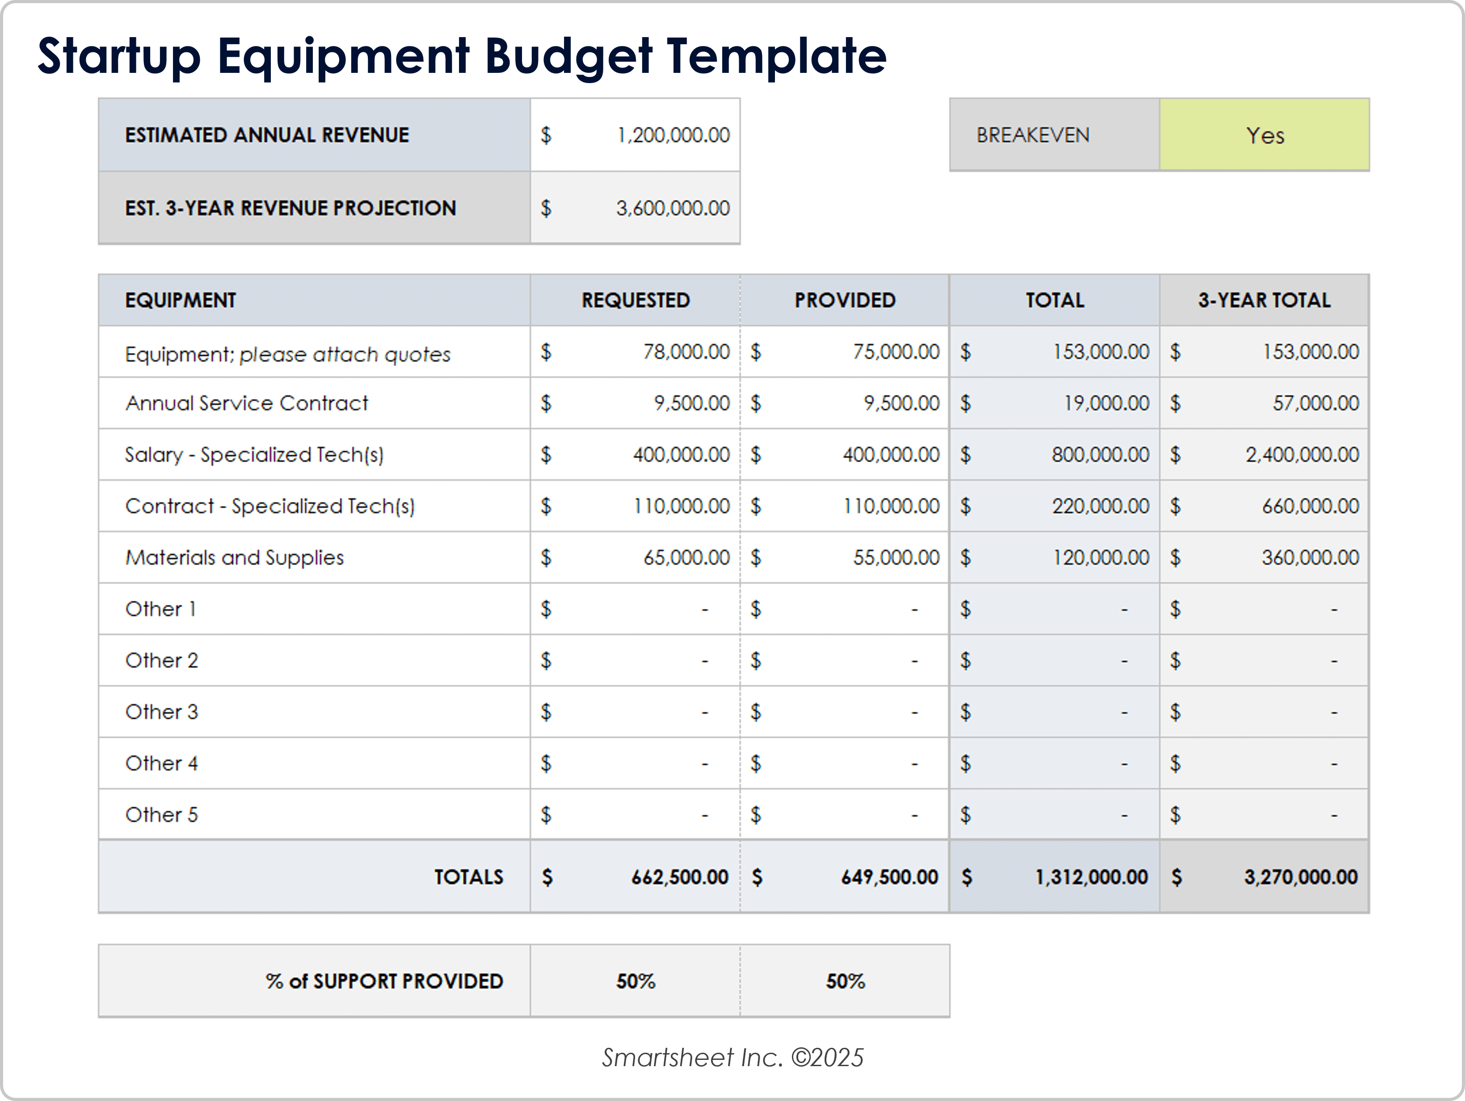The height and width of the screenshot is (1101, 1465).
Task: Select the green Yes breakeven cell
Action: (1264, 135)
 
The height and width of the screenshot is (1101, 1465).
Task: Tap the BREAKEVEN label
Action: (1032, 135)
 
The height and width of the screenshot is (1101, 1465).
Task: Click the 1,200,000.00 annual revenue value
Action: (673, 135)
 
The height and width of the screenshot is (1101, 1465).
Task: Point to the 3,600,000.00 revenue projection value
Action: (673, 208)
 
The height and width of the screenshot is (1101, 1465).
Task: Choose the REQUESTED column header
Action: (635, 300)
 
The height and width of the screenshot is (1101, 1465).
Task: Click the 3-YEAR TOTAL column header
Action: (1263, 300)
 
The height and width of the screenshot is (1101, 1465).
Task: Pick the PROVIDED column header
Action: (844, 300)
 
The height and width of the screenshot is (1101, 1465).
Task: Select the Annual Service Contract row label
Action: (246, 403)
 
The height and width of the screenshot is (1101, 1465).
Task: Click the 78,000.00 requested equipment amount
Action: (686, 352)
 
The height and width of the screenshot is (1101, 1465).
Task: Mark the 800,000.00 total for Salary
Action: (1100, 455)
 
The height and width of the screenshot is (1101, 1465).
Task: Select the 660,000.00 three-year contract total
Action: (1310, 506)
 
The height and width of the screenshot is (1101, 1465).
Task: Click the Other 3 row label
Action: (162, 712)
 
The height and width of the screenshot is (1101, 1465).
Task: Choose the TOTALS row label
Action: (468, 877)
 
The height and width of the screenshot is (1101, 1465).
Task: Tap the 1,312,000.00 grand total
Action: (1091, 877)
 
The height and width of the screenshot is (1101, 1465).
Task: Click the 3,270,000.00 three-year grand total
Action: (1300, 877)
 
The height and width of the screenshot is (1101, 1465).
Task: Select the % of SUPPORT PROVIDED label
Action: (384, 981)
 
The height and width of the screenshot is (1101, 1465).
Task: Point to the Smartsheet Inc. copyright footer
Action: (732, 1057)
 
